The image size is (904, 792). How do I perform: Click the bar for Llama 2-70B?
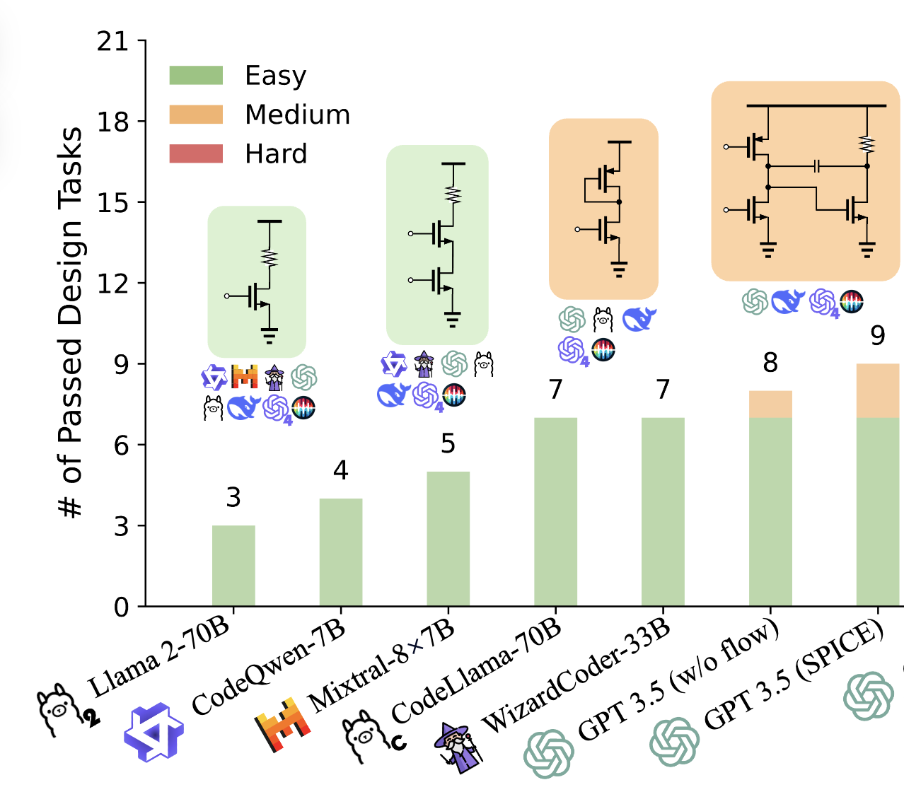tap(233, 566)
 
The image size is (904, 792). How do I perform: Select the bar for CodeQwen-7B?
tap(341, 552)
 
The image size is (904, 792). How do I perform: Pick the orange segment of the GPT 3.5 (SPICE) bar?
tap(878, 391)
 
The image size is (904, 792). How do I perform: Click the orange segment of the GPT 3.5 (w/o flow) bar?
tap(770, 404)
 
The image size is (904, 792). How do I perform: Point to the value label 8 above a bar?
tap(770, 363)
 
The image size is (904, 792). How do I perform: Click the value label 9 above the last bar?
tap(878, 335)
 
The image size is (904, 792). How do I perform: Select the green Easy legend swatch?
tap(196, 76)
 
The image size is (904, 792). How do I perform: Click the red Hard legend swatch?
tap(196, 153)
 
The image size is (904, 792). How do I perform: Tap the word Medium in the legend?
tap(297, 115)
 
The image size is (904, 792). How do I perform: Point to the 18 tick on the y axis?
tap(113, 122)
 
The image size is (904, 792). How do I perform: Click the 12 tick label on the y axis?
tap(113, 284)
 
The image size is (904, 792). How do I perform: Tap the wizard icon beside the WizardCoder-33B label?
tap(458, 747)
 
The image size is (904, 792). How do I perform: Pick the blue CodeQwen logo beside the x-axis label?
tap(153, 732)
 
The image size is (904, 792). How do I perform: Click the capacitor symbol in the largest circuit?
tap(818, 166)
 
